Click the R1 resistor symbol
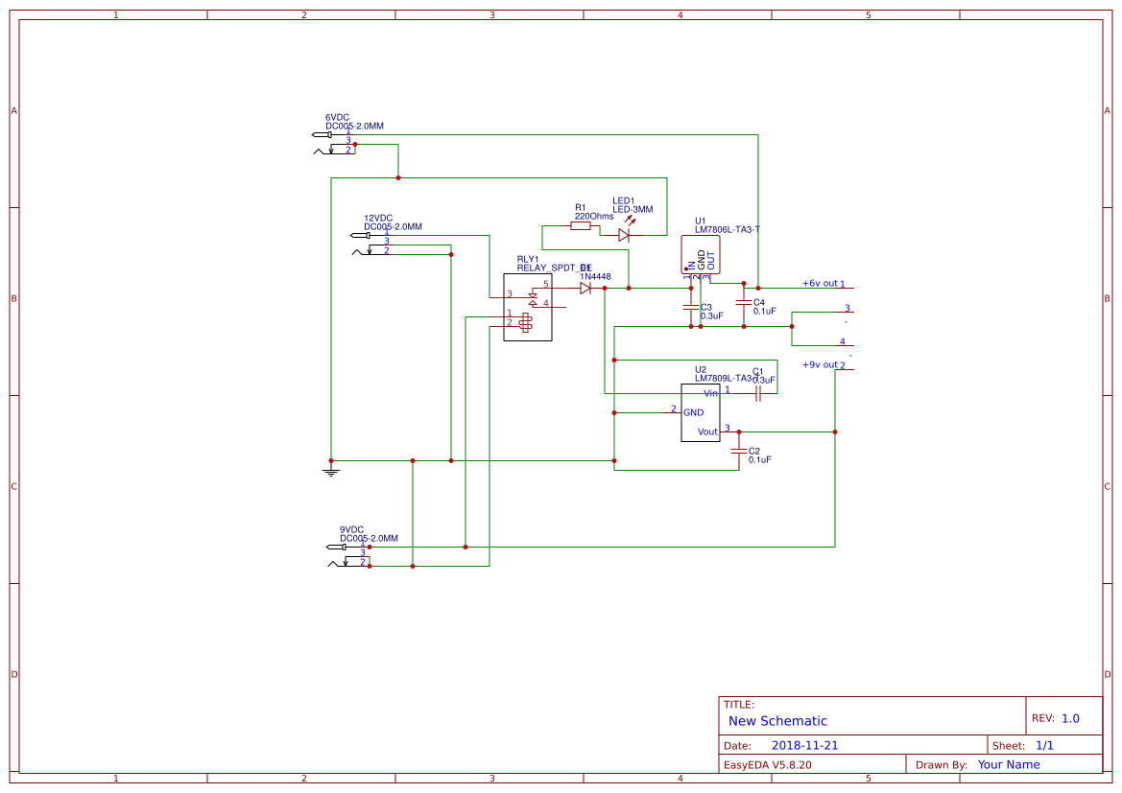(x=580, y=226)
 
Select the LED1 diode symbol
(x=624, y=234)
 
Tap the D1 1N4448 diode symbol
(x=585, y=288)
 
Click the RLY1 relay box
(x=528, y=307)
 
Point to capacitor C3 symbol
(x=690, y=308)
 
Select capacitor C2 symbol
(x=738, y=451)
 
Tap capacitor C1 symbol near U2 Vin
(x=758, y=393)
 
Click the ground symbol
(x=330, y=469)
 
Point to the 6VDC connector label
(x=337, y=117)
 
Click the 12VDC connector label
(x=378, y=218)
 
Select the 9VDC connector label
(x=351, y=529)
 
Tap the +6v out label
(x=820, y=283)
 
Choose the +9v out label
(x=820, y=364)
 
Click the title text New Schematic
(x=777, y=721)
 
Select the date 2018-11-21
(x=804, y=745)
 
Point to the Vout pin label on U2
(x=707, y=432)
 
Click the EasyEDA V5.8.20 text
(x=767, y=765)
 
